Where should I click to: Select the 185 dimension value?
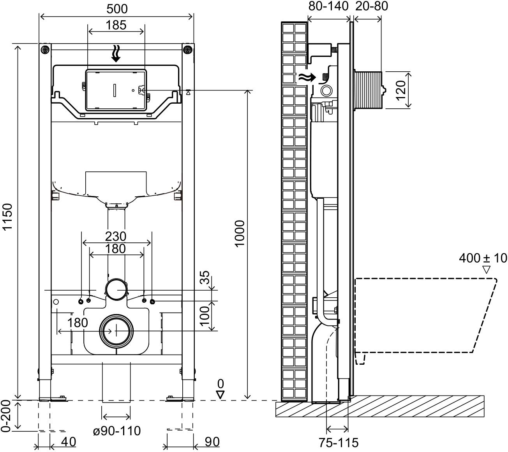116,25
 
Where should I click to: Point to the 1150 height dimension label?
8,222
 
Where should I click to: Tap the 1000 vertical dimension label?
239,233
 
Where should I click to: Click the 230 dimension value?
116,236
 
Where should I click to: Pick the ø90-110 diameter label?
116,431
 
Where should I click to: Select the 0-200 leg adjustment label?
6,417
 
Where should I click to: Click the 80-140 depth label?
328,7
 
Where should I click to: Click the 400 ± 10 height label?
483,258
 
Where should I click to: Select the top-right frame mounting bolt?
188,49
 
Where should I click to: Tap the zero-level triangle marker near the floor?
220,394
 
